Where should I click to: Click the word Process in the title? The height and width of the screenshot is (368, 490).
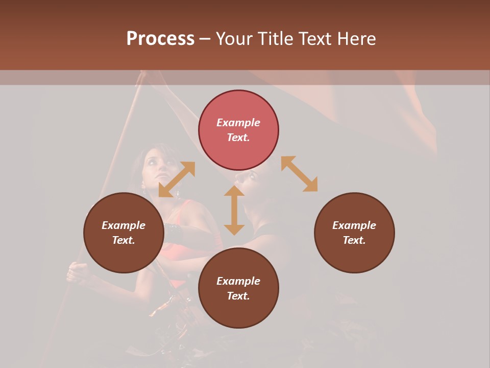tap(160, 39)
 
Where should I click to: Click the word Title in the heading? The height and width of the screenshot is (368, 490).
tap(274, 39)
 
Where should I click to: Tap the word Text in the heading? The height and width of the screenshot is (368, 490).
tap(316, 39)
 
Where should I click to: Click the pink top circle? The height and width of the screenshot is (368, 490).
tap(238, 130)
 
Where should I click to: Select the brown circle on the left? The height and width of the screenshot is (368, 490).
tap(124, 233)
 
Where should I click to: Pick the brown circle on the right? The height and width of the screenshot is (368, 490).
tap(354, 233)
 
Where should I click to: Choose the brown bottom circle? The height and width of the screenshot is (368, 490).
tap(238, 288)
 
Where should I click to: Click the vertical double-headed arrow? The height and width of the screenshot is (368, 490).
tap(234, 210)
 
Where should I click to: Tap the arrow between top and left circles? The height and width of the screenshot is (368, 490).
tap(177, 179)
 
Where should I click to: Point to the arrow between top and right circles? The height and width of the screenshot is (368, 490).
tap(299, 174)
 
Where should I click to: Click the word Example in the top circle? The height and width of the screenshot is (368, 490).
tap(238, 123)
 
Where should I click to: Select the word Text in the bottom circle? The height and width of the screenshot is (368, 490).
tap(238, 296)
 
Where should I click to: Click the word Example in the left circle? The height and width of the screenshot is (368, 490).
tap(124, 225)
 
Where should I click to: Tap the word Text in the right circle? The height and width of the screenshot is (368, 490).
tap(354, 240)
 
